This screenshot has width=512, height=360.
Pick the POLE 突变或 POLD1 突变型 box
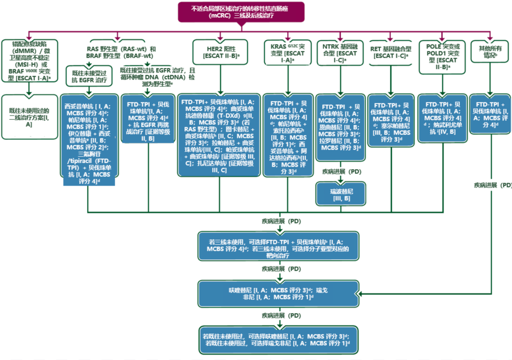click(442, 57)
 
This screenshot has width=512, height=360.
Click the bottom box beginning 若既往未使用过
click(278, 339)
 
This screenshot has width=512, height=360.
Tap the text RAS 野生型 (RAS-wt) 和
click(121, 49)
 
